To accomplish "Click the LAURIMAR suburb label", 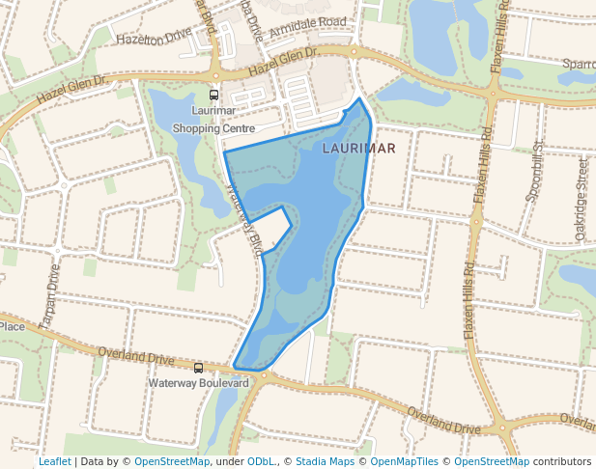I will coord(358,149).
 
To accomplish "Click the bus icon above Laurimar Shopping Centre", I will coord(213,96).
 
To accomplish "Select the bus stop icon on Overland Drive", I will coord(199,368).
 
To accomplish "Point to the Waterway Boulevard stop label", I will coord(199,383).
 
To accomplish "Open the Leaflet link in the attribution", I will coord(54,461).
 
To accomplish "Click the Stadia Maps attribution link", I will coord(325,461).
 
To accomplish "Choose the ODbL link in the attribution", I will coord(261,461).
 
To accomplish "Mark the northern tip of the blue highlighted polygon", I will coord(360,98).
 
